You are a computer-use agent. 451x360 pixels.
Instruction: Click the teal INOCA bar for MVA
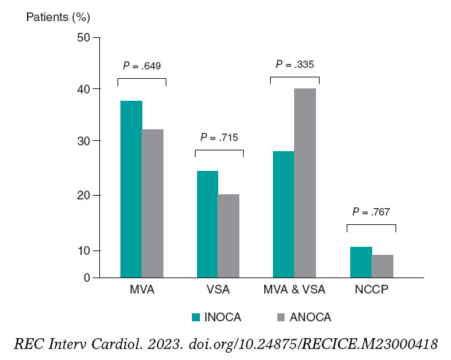(131, 189)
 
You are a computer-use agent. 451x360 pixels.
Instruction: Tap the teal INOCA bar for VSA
(207, 224)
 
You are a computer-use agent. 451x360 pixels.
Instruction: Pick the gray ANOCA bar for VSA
(228, 236)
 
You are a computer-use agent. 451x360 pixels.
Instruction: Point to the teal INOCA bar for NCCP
(361, 262)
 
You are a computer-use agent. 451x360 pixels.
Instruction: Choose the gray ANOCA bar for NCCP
(382, 266)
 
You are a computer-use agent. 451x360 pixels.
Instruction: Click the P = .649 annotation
(142, 66)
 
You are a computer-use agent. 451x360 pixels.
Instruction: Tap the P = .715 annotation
(219, 137)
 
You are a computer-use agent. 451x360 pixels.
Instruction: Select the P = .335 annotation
(294, 64)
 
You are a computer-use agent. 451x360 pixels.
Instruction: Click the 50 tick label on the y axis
(83, 37)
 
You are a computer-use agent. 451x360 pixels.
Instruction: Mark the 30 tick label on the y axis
(83, 141)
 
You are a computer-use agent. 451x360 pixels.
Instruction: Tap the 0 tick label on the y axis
(86, 278)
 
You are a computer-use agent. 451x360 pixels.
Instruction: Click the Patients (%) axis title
(53, 15)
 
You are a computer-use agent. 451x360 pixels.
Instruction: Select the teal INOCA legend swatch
(196, 317)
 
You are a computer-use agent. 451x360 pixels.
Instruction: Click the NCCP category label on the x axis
(372, 290)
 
